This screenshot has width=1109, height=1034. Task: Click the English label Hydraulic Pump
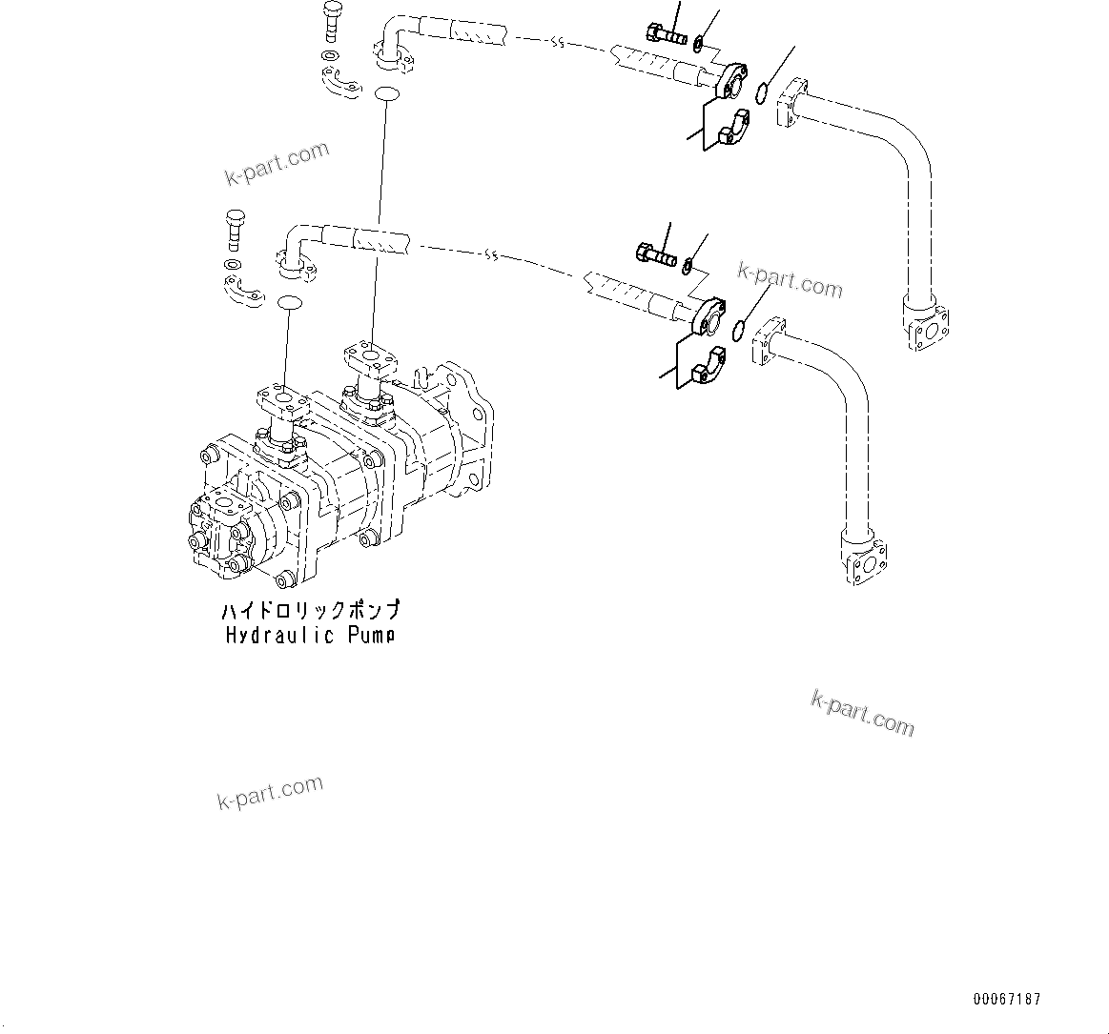tap(310, 636)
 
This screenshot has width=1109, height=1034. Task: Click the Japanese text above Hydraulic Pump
tap(310, 611)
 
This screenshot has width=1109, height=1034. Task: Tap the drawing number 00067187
tap(1007, 999)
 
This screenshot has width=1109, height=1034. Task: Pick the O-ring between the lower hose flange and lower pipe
tap(738, 330)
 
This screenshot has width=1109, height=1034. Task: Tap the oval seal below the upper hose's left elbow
tap(386, 93)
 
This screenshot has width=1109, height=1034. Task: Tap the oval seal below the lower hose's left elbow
tap(288, 303)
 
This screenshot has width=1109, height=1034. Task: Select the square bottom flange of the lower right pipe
tap(864, 561)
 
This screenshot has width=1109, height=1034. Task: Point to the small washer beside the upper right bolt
tap(699, 42)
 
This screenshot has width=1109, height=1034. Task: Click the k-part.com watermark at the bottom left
tap(270, 791)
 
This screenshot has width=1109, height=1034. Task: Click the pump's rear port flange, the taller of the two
tap(368, 358)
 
